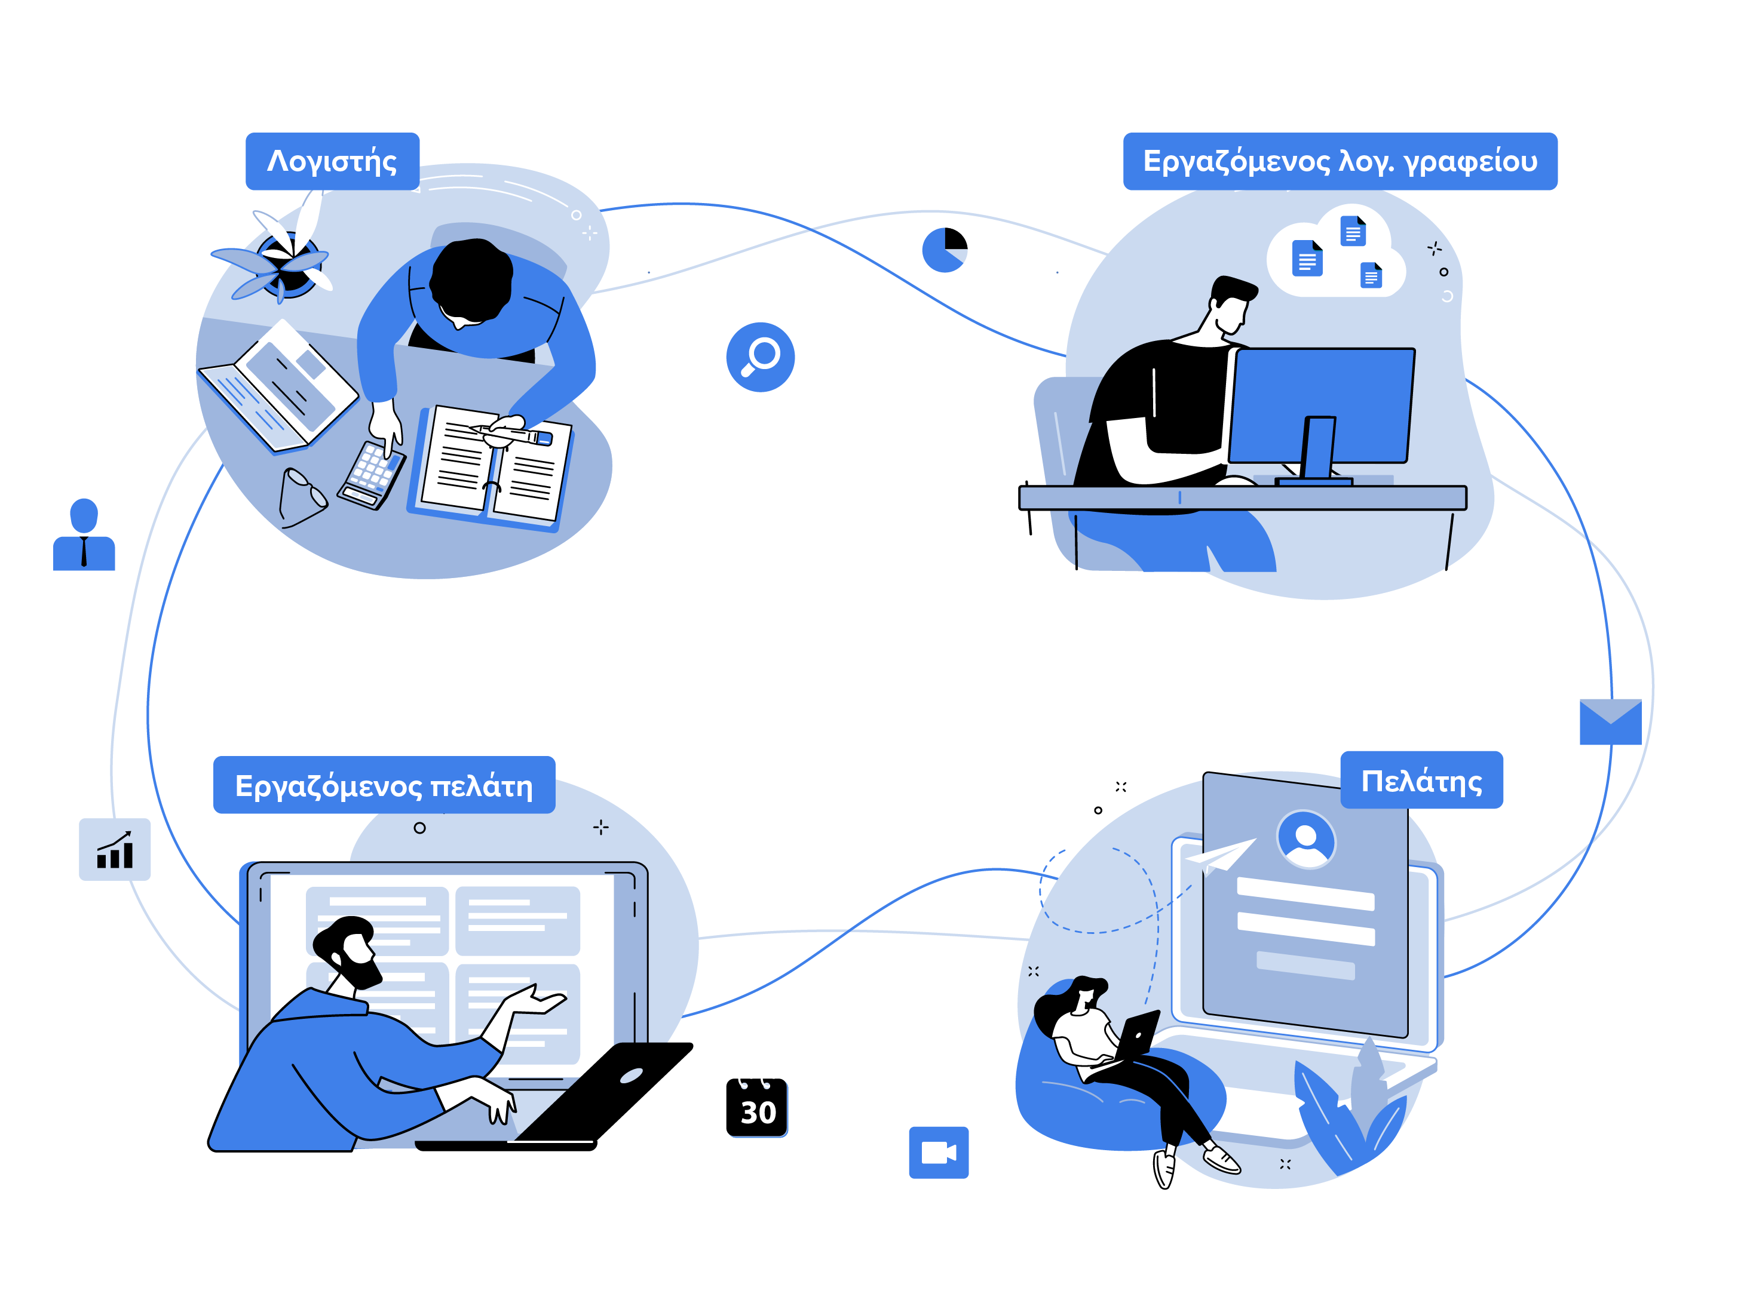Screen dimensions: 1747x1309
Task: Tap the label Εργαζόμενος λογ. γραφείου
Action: [1340, 161]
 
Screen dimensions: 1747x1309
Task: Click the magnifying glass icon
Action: [760, 357]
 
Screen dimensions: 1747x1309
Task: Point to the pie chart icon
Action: [945, 250]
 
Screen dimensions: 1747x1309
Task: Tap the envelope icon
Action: [1610, 721]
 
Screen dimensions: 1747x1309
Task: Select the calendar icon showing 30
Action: [756, 1107]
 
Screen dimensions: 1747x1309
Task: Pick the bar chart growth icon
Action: [115, 850]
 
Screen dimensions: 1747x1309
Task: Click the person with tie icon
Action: [84, 534]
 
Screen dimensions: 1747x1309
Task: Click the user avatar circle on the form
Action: [1306, 839]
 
